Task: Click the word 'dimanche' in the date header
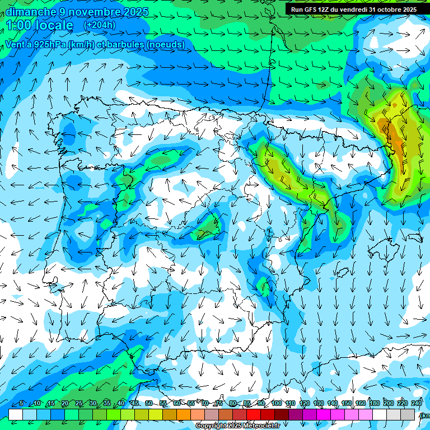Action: pos(31,12)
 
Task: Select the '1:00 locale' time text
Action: pos(40,26)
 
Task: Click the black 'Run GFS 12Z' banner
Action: pos(353,10)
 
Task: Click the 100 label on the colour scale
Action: pos(277,404)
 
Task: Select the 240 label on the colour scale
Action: pos(416,404)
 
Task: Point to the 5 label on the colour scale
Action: pos(21,404)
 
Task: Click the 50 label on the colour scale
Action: pos(149,404)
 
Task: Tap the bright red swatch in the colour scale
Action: pos(254,414)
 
